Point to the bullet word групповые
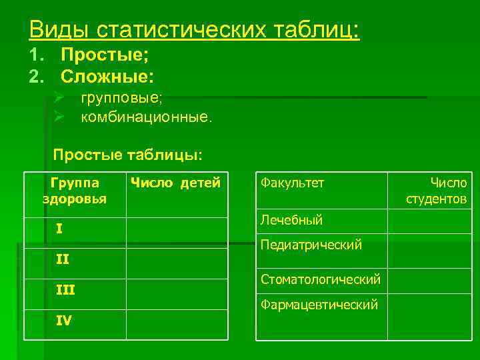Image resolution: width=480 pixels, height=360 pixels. pos(121,98)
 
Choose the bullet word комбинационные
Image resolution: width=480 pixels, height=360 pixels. pos(146,118)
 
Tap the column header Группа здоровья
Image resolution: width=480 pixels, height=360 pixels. pos(75,190)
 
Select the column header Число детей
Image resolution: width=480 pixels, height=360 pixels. pos(175,182)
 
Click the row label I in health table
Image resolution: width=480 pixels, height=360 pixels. pos(60,229)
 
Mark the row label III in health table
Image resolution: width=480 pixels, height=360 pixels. pos(65,289)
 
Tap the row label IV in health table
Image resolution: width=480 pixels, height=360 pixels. pos(64,320)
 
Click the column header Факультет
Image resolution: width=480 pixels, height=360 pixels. pos(292,182)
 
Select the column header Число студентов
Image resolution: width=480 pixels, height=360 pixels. pos(437,191)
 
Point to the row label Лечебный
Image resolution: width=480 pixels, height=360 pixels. pos(292,219)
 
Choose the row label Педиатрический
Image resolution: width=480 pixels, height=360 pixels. pos(311,245)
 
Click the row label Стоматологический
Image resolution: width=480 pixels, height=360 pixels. pos(321,278)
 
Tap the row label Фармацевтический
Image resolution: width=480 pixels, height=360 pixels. pos(319,305)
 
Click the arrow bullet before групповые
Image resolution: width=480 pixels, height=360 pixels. pos(59,99)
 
